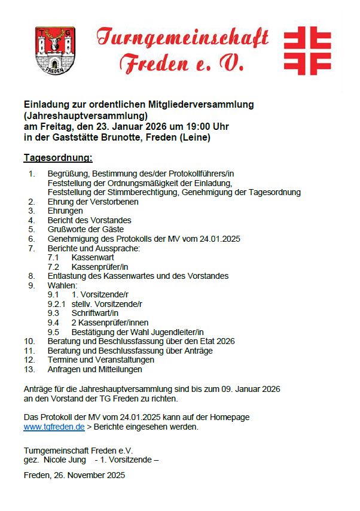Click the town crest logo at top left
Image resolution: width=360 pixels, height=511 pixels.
click(x=55, y=50)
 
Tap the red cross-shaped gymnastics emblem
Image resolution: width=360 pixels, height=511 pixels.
click(x=307, y=50)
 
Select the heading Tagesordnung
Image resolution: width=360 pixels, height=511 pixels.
click(x=58, y=158)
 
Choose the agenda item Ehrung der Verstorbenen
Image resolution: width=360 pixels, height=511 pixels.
click(x=93, y=202)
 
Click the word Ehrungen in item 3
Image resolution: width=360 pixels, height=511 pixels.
click(x=65, y=211)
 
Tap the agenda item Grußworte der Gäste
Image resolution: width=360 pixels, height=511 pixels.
click(x=86, y=229)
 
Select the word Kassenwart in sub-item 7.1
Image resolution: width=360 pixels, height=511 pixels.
click(x=93, y=257)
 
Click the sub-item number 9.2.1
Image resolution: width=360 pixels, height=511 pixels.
click(x=57, y=304)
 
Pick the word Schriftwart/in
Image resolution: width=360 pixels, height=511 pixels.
click(x=95, y=313)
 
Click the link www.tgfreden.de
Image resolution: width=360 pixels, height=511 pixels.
click(x=54, y=427)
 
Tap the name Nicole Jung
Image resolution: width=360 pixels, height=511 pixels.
click(x=65, y=460)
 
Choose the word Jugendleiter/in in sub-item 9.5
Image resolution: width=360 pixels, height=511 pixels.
click(x=177, y=332)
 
